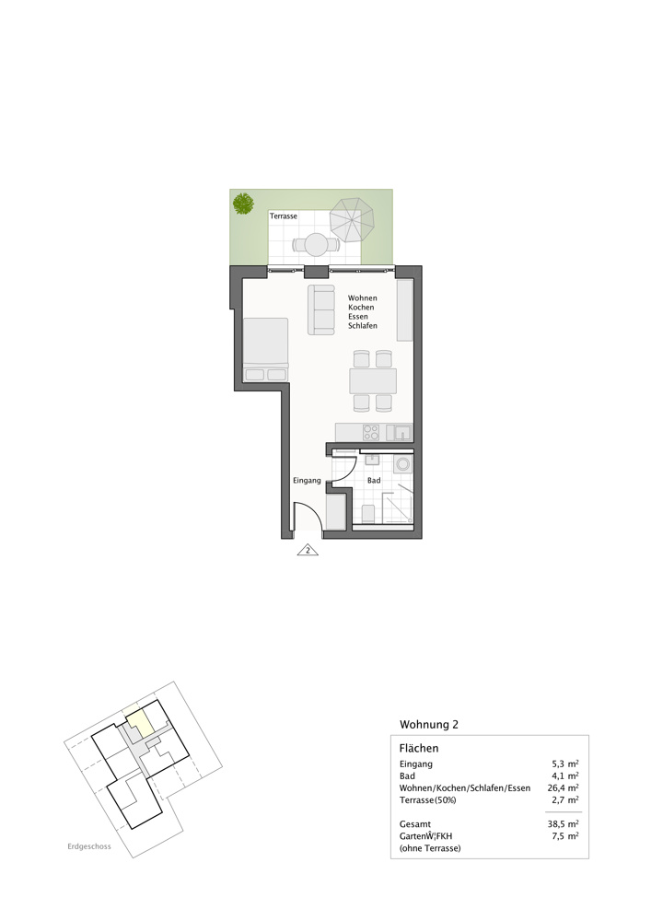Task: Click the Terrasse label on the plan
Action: click(284, 216)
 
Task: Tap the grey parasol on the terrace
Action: click(353, 220)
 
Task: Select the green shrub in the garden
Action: click(243, 203)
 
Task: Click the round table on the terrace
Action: click(316, 245)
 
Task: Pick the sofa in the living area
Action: click(321, 309)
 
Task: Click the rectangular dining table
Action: click(372, 381)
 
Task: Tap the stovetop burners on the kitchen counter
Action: click(371, 432)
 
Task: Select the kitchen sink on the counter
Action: click(401, 432)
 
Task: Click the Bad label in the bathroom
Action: click(374, 481)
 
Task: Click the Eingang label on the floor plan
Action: click(307, 481)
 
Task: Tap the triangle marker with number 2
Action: click(307, 551)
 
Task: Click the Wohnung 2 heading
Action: click(429, 724)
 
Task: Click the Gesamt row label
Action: click(415, 824)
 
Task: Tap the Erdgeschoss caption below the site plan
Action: click(89, 847)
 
